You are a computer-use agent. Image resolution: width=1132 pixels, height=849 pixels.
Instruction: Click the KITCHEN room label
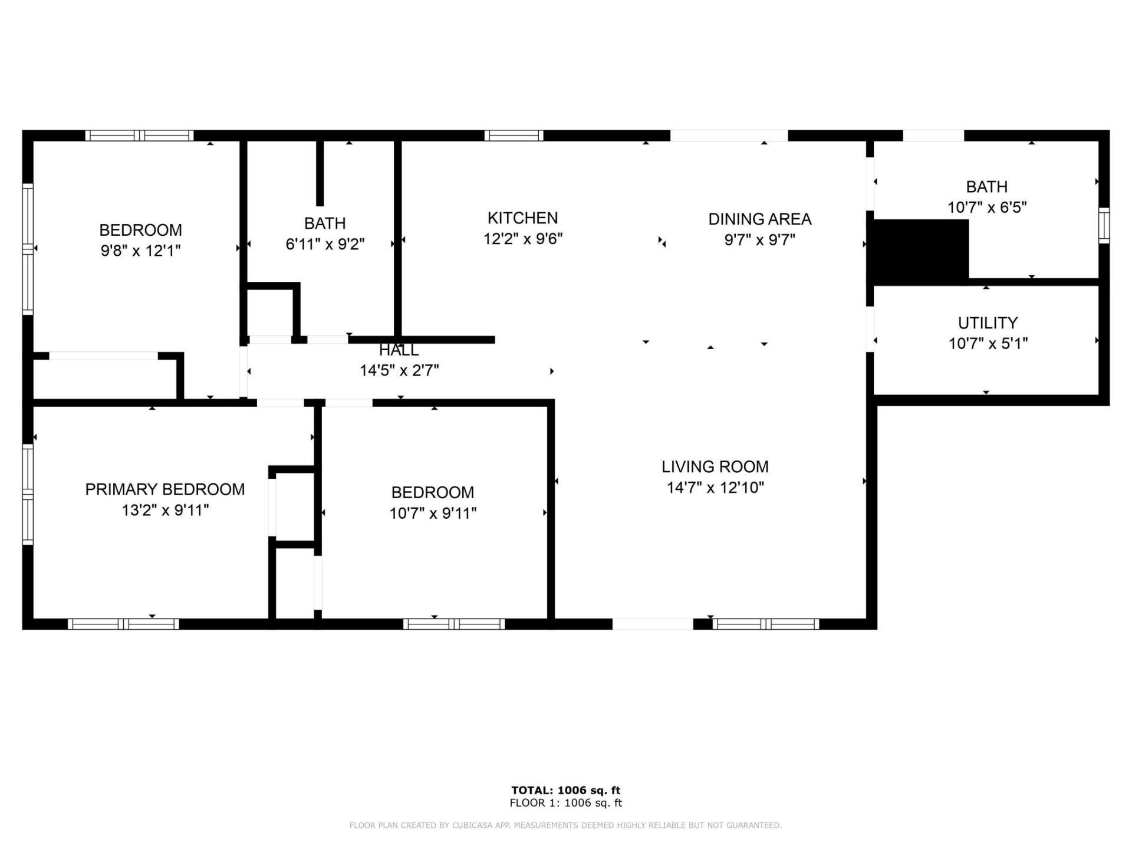(x=522, y=218)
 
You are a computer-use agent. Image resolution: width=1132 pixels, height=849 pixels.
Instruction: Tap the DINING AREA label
(x=759, y=219)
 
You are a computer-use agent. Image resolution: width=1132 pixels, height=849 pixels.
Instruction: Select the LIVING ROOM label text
(x=715, y=467)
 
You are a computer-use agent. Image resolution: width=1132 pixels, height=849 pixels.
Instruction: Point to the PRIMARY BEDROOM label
(x=164, y=489)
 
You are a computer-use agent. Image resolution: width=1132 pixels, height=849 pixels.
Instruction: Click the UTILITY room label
(x=987, y=323)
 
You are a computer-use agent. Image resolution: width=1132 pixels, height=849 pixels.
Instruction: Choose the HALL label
(x=399, y=350)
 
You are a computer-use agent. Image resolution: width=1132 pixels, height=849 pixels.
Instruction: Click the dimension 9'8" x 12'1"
(x=140, y=251)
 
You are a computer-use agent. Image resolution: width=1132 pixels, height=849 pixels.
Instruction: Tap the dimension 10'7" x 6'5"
(x=987, y=208)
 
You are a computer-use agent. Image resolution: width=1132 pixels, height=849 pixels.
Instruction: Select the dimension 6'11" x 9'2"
(x=325, y=244)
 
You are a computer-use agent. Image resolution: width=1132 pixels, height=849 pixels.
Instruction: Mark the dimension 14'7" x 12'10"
(x=715, y=488)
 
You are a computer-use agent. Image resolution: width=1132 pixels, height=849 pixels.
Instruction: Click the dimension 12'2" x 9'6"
(x=522, y=239)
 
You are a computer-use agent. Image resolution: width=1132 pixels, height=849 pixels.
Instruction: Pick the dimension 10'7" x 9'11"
(x=432, y=514)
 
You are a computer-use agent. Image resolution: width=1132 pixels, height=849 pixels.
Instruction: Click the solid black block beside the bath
(x=920, y=249)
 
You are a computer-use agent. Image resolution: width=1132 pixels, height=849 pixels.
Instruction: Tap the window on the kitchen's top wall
(x=514, y=136)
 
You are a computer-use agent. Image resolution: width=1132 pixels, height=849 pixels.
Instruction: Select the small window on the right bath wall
(x=1104, y=225)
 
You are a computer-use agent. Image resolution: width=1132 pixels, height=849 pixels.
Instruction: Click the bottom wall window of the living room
(x=765, y=624)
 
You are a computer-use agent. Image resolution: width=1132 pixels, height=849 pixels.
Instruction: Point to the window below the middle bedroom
(x=453, y=624)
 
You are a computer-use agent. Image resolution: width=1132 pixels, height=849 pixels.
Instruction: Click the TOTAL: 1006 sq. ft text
(x=565, y=791)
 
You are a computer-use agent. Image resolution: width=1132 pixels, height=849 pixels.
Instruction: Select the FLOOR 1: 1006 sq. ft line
(x=565, y=803)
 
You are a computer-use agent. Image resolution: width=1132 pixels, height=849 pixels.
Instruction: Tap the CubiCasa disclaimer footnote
(x=565, y=825)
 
